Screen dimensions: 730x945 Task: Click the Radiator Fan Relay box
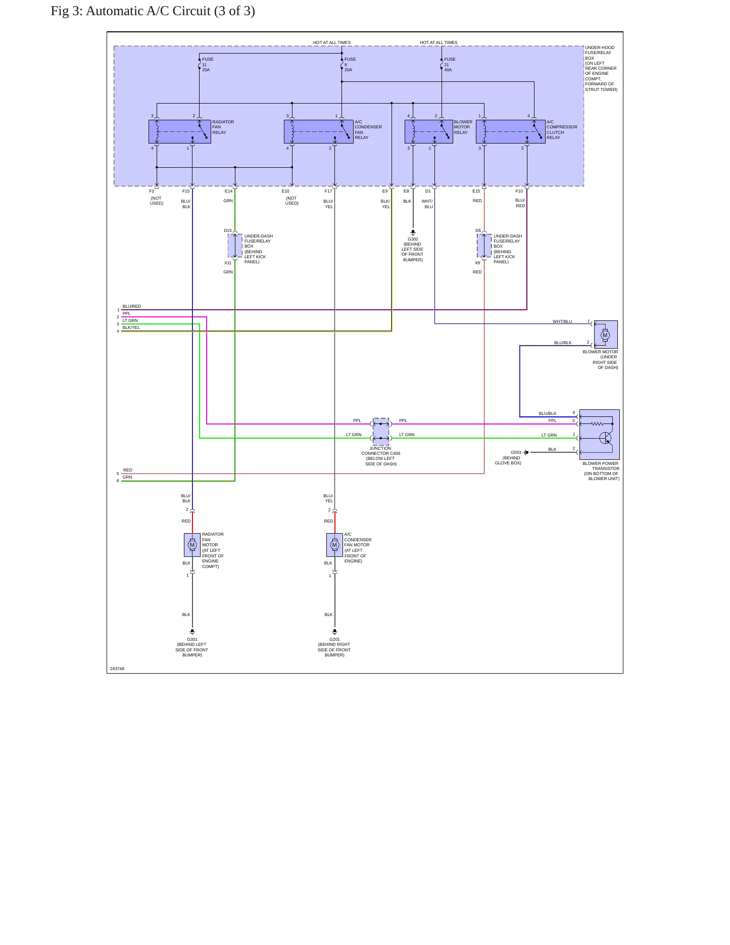pos(180,131)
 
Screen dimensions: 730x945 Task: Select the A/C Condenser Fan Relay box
pos(319,131)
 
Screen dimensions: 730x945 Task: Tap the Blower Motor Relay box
pos(429,131)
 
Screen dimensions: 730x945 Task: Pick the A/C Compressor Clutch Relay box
pos(511,131)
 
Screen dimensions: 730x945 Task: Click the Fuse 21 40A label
pos(450,65)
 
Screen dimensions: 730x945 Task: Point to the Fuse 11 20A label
pos(208,65)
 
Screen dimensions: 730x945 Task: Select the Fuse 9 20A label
pos(350,65)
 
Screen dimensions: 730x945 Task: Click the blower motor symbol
pos(606,335)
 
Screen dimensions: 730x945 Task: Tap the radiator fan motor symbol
pos(192,545)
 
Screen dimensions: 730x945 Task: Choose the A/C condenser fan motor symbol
pos(334,545)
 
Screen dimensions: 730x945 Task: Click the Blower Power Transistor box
pos(600,435)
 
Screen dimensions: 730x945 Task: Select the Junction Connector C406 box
pos(381,431)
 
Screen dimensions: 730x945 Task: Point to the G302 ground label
pos(413,239)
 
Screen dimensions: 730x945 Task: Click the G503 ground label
pos(516,452)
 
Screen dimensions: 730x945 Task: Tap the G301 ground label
pos(192,639)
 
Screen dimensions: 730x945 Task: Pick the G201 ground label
pos(334,639)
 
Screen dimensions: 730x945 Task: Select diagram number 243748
pos(117,669)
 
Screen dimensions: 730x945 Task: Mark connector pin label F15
pos(186,191)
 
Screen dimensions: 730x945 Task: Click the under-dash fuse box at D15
pos(235,246)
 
